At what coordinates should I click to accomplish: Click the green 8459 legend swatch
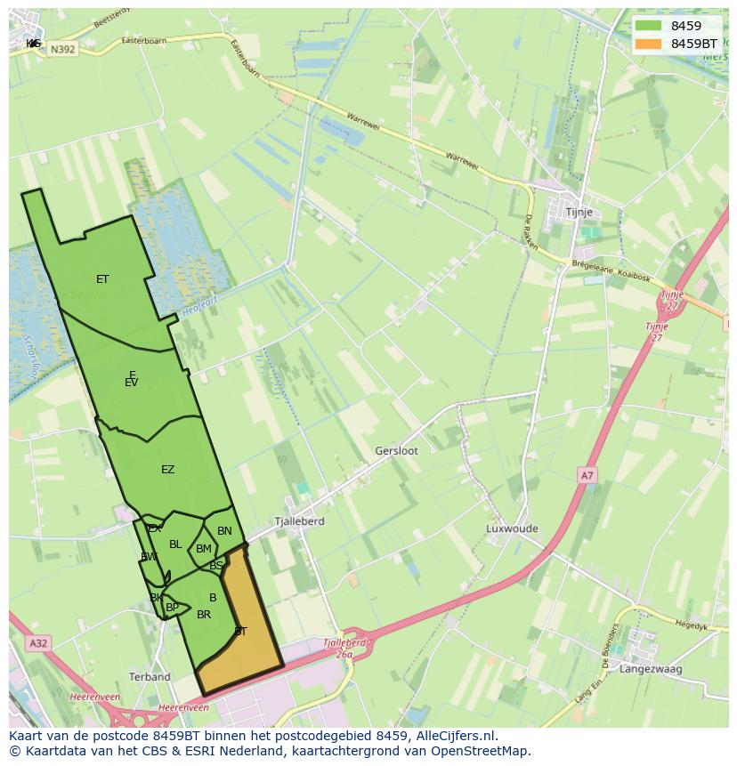tap(648, 26)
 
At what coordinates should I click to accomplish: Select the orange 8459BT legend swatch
tap(648, 44)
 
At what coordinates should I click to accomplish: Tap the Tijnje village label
tap(579, 213)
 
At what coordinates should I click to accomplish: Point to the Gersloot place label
tap(396, 451)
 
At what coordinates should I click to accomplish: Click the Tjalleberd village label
tap(299, 521)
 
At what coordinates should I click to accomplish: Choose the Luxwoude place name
tap(512, 528)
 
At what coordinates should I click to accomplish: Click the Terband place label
tap(150, 677)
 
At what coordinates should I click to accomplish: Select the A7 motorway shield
tap(587, 476)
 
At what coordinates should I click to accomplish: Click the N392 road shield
tap(62, 50)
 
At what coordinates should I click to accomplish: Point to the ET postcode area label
tap(102, 279)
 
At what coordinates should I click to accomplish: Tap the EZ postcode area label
tap(167, 470)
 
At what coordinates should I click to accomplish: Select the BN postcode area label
tap(224, 531)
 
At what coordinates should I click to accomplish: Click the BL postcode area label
tap(175, 544)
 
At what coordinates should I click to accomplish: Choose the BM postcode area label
tap(204, 549)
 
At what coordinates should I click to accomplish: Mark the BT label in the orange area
tap(240, 631)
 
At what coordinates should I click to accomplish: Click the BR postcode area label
tap(204, 615)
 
